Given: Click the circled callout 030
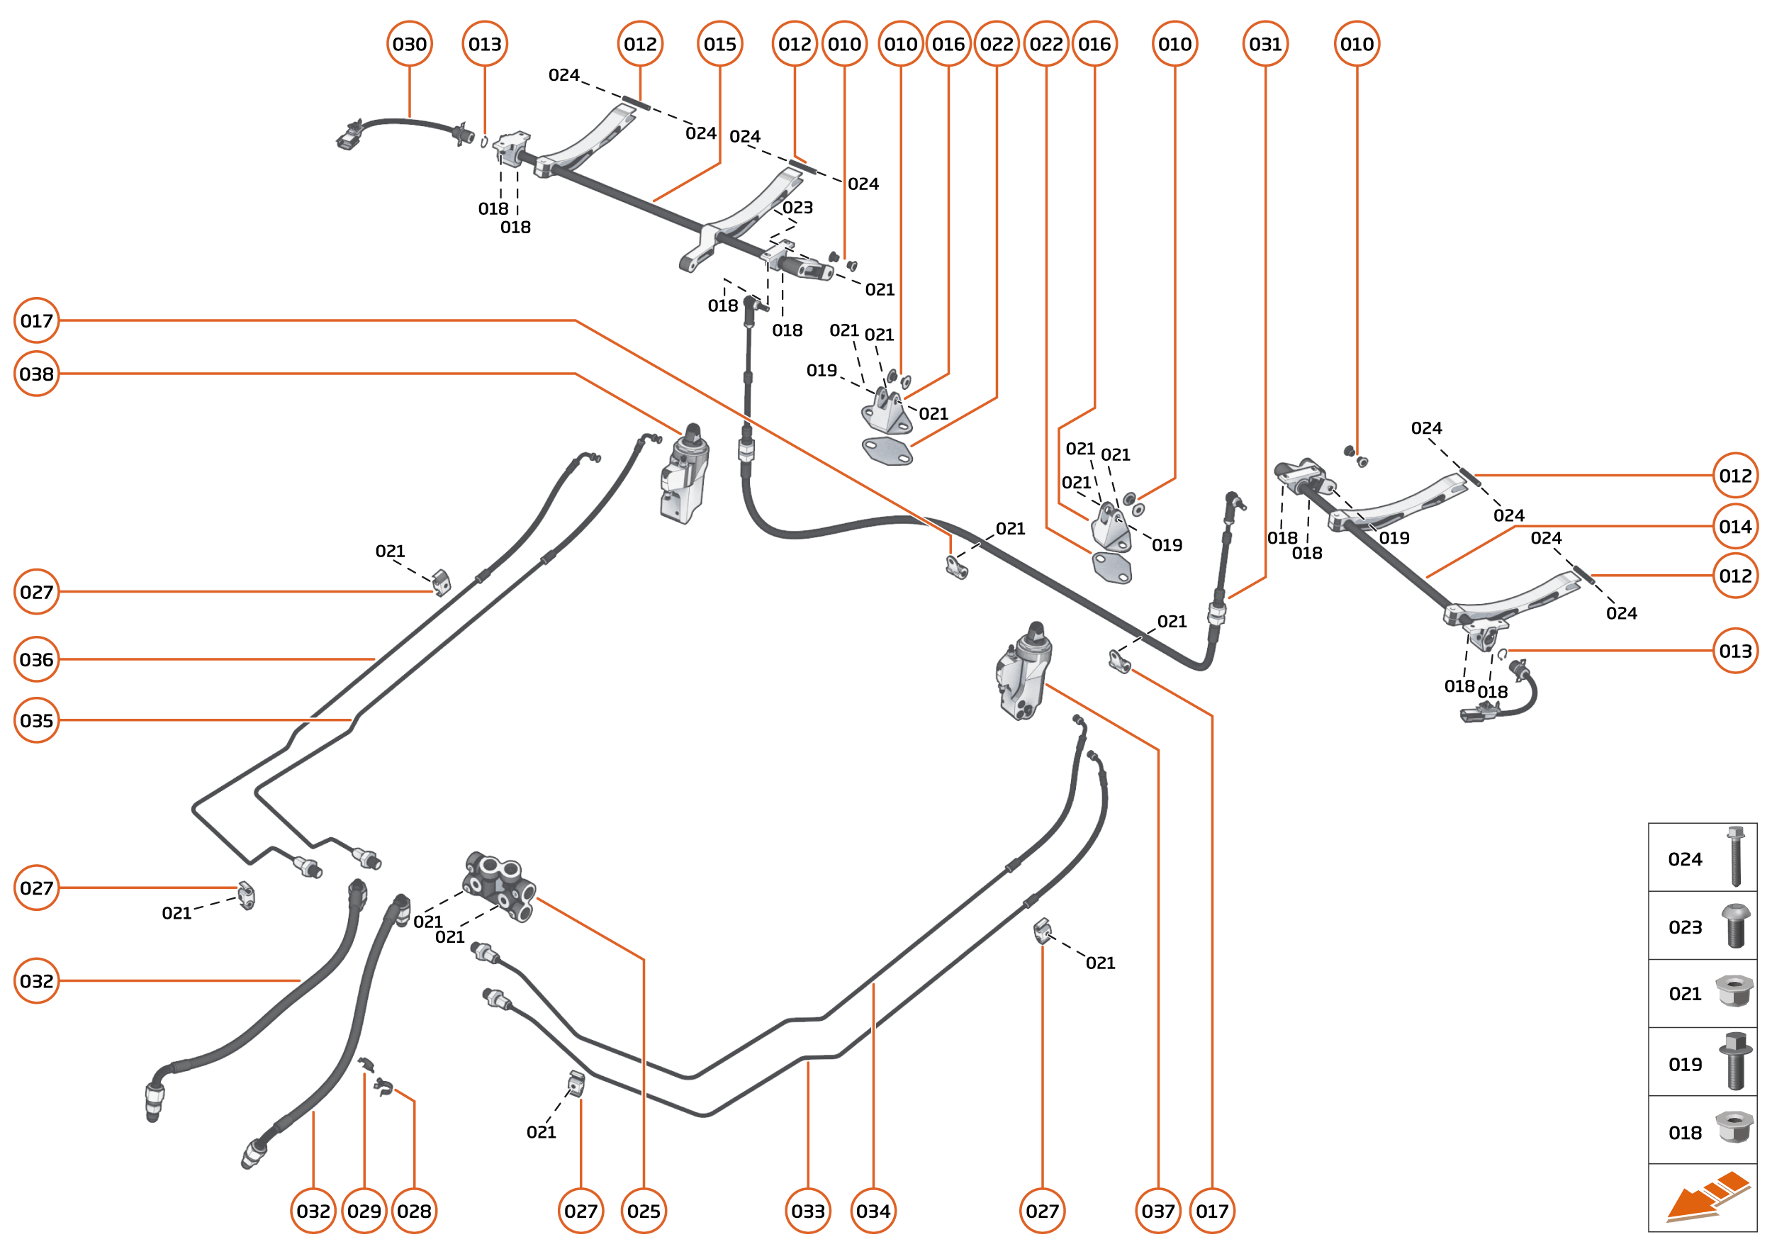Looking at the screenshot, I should pyautogui.click(x=409, y=44).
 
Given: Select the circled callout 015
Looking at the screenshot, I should pyautogui.click(x=719, y=44).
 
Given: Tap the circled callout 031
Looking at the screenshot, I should pyautogui.click(x=1264, y=44).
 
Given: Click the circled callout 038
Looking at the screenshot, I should pyautogui.click(x=36, y=374).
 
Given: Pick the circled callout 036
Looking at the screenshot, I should pyautogui.click(x=36, y=659).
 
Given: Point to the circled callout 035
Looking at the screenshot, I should pyautogui.click(x=36, y=720).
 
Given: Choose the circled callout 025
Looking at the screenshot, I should pyautogui.click(x=643, y=1211).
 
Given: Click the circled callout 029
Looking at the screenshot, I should pyautogui.click(x=364, y=1211).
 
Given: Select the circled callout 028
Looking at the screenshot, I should pyautogui.click(x=414, y=1211).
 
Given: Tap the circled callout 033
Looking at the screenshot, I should pyautogui.click(x=807, y=1211).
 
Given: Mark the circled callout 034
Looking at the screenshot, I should pyautogui.click(x=873, y=1211).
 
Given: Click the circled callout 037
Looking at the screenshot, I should pyautogui.click(x=1157, y=1211).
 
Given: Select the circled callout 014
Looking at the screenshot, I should pyautogui.click(x=1735, y=527).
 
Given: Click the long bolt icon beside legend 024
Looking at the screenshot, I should pyautogui.click(x=1735, y=856).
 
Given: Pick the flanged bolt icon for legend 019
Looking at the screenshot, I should pyautogui.click(x=1735, y=1062).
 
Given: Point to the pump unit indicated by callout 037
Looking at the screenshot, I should pyautogui.click(x=1023, y=672).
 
